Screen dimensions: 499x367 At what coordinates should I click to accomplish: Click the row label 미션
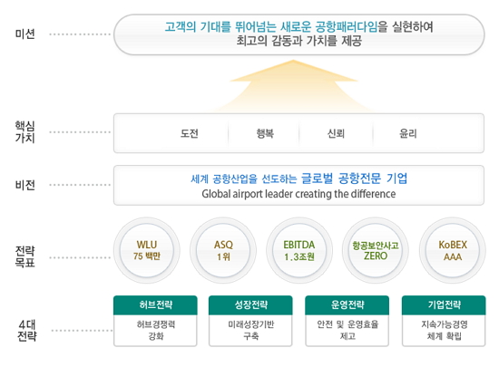24,34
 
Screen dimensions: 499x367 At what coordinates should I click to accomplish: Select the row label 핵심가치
24,132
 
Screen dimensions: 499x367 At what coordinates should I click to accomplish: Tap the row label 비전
24,185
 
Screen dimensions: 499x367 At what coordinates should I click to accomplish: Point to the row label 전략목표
24,256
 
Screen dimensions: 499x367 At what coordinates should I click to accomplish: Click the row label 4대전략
27,331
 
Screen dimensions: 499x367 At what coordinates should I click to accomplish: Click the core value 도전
190,133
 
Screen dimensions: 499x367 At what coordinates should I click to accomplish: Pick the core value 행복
265,133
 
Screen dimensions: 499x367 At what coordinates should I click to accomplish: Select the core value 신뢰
336,133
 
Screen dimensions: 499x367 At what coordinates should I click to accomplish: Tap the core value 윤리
408,133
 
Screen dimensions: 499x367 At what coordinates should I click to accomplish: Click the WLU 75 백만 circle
147,250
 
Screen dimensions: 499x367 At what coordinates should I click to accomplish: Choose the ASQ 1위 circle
223,250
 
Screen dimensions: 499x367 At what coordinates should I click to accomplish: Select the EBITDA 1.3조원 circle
299,250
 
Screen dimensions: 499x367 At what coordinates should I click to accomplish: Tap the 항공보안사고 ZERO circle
376,250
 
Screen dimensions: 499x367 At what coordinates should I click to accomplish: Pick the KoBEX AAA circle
453,250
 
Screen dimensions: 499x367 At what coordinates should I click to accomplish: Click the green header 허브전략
155,305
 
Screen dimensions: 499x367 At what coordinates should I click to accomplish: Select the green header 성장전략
250,305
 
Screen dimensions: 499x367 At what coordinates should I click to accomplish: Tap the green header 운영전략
347,305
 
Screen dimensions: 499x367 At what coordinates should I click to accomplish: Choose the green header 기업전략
444,305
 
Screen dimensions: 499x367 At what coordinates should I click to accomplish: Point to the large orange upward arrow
293,87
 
